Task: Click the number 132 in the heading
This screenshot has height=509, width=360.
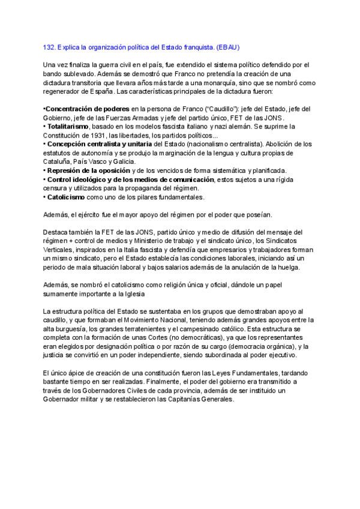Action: pos(50,46)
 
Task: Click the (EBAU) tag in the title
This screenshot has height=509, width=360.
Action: pos(227,46)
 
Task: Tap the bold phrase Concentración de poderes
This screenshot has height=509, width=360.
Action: pos(86,109)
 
